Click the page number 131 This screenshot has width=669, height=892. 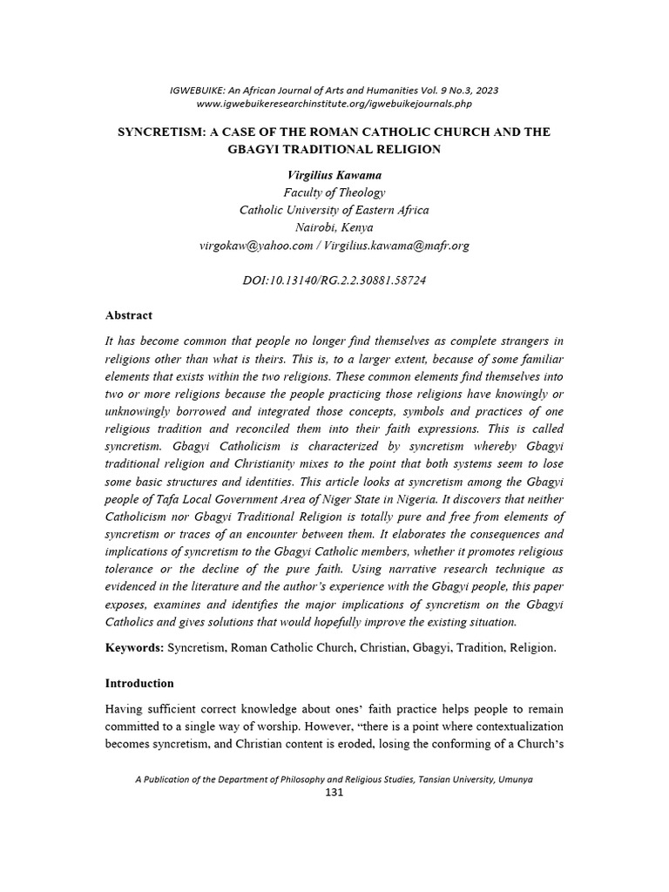(x=334, y=793)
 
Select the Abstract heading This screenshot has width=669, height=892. (x=129, y=315)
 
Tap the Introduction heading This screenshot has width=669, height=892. (x=139, y=683)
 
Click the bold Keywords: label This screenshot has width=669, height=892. (x=134, y=648)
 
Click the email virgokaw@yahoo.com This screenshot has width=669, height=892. (x=255, y=246)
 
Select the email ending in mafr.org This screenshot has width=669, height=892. (x=396, y=246)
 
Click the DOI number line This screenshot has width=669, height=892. (x=334, y=280)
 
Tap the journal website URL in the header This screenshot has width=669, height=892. (x=334, y=104)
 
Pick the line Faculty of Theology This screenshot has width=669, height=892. (x=334, y=193)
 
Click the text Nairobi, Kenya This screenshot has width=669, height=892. (x=334, y=228)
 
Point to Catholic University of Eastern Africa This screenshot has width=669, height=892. (x=334, y=211)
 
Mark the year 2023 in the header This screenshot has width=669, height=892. (x=485, y=91)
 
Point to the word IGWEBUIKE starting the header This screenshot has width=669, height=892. (x=199, y=91)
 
